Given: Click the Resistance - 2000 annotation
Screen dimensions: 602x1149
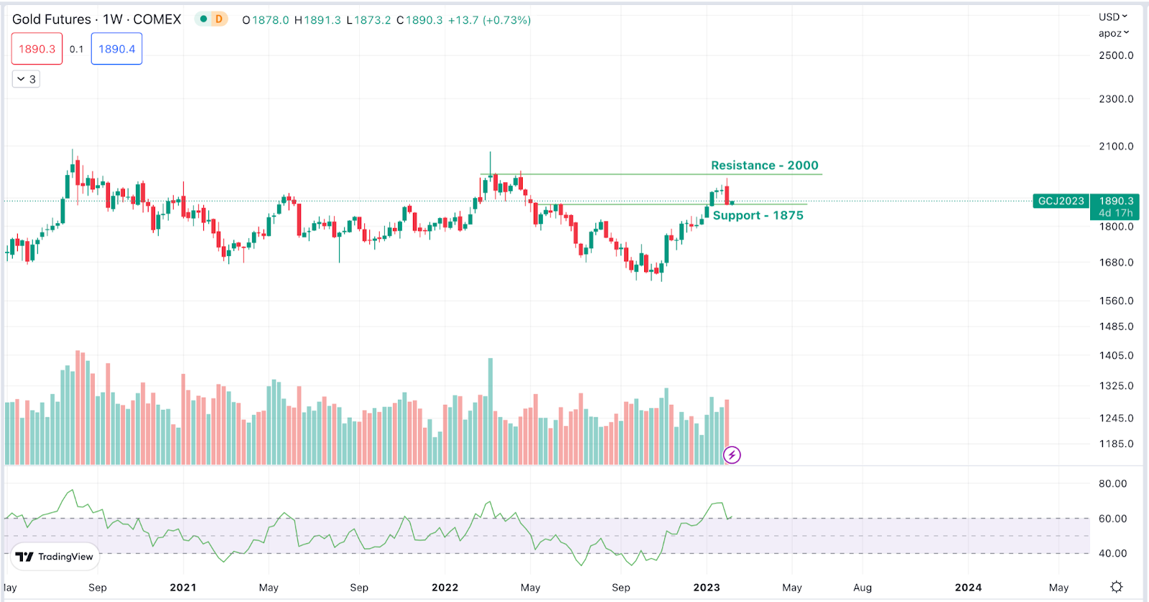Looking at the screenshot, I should tap(764, 166).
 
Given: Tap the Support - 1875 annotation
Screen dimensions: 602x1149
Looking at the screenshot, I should tap(758, 215).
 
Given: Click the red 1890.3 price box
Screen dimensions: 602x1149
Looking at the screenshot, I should tap(37, 50).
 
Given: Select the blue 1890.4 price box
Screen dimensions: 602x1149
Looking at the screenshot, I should tap(116, 50).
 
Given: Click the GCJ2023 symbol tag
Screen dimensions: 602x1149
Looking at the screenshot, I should tap(1061, 201).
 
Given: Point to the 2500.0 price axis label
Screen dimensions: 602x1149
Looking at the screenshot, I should tap(1116, 55).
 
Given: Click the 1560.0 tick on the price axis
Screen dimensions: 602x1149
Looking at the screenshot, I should tap(1116, 301).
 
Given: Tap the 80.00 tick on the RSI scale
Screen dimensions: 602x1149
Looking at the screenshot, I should tap(1112, 484).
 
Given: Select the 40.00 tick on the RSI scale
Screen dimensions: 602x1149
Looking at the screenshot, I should tap(1112, 553).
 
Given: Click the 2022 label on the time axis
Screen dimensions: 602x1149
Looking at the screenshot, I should tap(445, 588).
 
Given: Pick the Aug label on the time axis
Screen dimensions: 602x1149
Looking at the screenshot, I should tap(862, 588).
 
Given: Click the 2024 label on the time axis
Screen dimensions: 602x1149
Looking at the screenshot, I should tap(968, 588).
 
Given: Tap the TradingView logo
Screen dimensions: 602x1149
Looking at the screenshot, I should tap(55, 557).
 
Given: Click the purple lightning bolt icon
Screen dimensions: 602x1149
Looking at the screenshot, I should tap(732, 455).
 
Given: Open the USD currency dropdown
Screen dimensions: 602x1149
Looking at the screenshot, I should tap(1112, 17).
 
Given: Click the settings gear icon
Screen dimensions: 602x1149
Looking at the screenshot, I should tap(1116, 587).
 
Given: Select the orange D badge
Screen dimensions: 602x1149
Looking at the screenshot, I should tap(219, 19).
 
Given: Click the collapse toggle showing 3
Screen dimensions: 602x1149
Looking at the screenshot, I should tap(26, 79).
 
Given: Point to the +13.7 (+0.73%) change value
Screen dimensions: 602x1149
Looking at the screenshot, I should tap(489, 20).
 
